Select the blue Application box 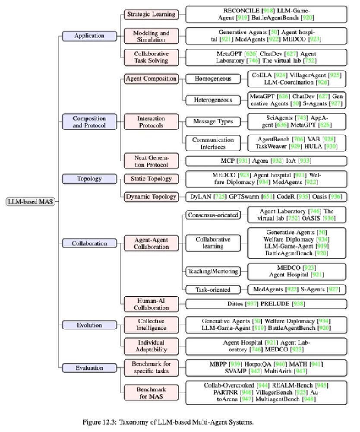pos(89,36)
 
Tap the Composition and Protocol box pos(89,122)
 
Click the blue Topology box pos(89,178)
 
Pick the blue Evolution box pos(89,325)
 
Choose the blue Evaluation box pos(89,368)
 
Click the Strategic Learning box pos(151,14)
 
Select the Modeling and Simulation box pos(151,36)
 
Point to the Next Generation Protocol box pos(151,161)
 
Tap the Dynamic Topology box pos(151,197)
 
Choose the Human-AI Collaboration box pos(151,304)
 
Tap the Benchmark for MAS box pos(151,393)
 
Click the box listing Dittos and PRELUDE pos(266,304)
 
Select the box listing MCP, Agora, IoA pos(266,161)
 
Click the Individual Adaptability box pos(151,346)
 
